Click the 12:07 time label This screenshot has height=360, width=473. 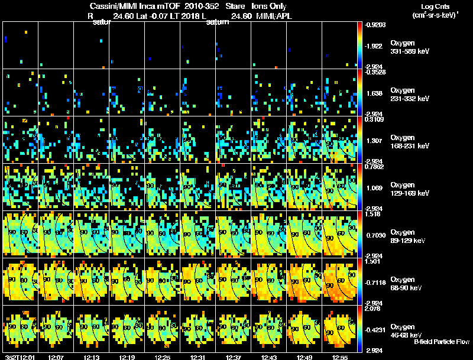pyautogui.click(x=57, y=357)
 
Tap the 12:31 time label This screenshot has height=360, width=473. pyautogui.click(x=198, y=357)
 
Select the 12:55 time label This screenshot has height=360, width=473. pyautogui.click(x=340, y=357)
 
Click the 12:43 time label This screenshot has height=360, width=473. pyautogui.click(x=269, y=357)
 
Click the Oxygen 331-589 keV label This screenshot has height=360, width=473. pyautogui.click(x=410, y=47)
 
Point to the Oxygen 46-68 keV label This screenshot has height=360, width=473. pyautogui.click(x=410, y=330)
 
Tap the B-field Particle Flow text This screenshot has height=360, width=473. pyautogui.click(x=441, y=342)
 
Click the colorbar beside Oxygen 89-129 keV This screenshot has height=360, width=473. pyautogui.click(x=359, y=234)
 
